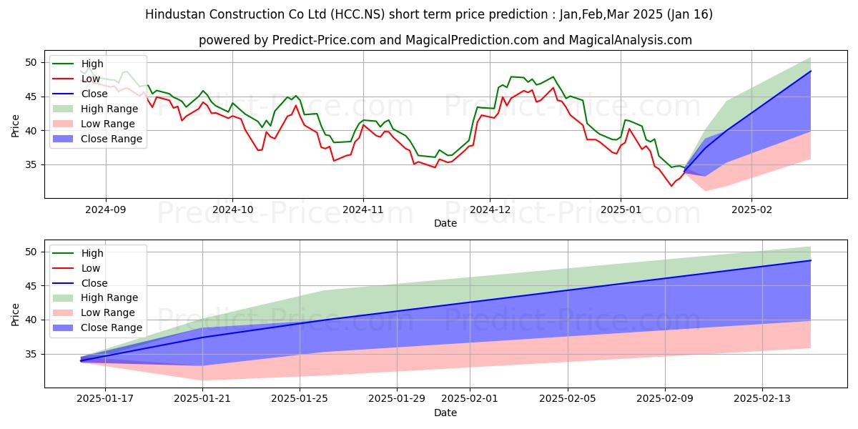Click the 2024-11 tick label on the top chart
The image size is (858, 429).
tap(363, 209)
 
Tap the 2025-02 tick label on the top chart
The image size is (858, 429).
tap(751, 209)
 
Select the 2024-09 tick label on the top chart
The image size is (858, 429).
tap(106, 209)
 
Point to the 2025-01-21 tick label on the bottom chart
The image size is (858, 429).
tap(203, 399)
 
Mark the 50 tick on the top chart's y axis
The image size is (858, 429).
tap(31, 62)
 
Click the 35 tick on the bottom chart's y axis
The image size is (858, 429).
tap(31, 354)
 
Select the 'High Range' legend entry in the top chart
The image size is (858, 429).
tap(109, 109)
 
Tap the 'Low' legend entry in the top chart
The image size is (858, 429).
tap(91, 79)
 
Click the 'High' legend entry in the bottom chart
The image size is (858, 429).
tap(92, 253)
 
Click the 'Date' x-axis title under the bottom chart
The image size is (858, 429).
tap(445, 413)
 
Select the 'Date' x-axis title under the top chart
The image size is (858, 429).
tap(445, 223)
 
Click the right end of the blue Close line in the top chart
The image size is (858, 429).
tap(811, 71)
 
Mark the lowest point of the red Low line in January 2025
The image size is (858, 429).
tap(671, 186)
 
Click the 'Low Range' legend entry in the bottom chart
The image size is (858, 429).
tap(109, 312)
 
